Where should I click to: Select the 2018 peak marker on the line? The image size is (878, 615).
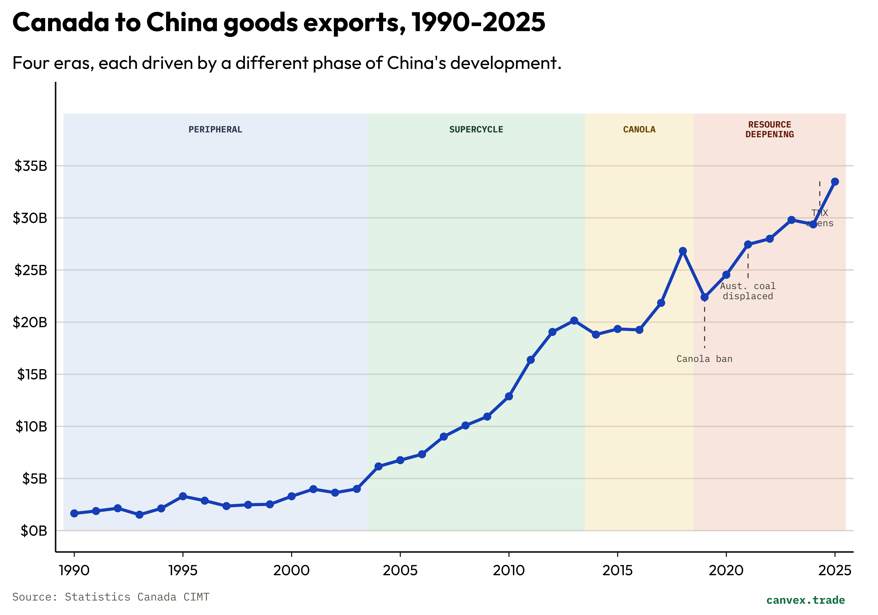[683, 251]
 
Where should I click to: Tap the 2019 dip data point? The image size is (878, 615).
[704, 297]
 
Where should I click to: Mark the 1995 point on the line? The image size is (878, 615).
[183, 496]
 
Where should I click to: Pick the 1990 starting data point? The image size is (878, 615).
[74, 514]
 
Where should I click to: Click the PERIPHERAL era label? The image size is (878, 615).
[215, 130]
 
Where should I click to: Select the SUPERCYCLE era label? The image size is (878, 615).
[476, 130]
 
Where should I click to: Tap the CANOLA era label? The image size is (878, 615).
[639, 130]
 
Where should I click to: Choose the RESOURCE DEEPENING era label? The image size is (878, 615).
[769, 130]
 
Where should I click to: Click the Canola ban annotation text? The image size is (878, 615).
[704, 359]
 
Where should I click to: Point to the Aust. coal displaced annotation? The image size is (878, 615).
[748, 291]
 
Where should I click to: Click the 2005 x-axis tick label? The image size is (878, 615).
[400, 571]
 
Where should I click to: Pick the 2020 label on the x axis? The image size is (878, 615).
[726, 571]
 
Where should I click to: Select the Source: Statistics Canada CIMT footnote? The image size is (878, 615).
[111, 597]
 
